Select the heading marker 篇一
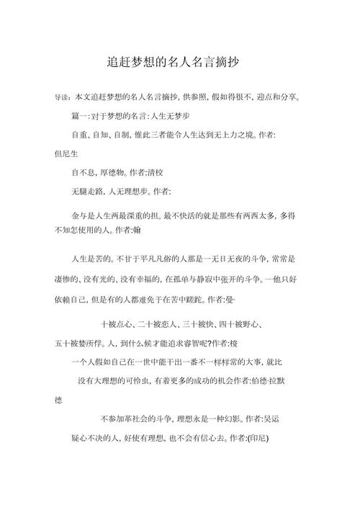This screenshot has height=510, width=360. click(x=80, y=115)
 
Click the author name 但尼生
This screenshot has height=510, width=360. click(x=67, y=153)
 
